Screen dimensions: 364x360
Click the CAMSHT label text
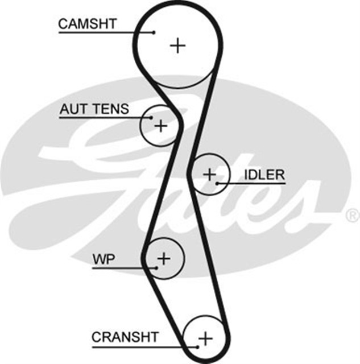tap(88, 23)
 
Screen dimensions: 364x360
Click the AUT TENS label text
tap(94, 109)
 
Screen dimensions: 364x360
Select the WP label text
tap(104, 260)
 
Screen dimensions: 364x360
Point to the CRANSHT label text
tap(125, 337)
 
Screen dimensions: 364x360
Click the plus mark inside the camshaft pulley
tap(179, 45)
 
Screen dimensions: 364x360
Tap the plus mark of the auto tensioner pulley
tap(162, 125)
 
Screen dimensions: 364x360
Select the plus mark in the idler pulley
tap(210, 173)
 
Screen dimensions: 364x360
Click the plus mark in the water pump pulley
tap(164, 259)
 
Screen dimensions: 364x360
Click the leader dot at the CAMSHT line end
tap(154, 32)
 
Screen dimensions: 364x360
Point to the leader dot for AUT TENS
tap(151, 118)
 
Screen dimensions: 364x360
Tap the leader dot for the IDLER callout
tap(217, 183)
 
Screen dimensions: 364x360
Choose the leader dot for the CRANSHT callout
tap(197, 346)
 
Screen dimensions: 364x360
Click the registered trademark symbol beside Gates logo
tap(352, 216)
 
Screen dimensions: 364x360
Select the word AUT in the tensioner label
tap(72, 109)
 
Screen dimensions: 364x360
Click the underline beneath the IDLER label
tap(256, 183)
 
